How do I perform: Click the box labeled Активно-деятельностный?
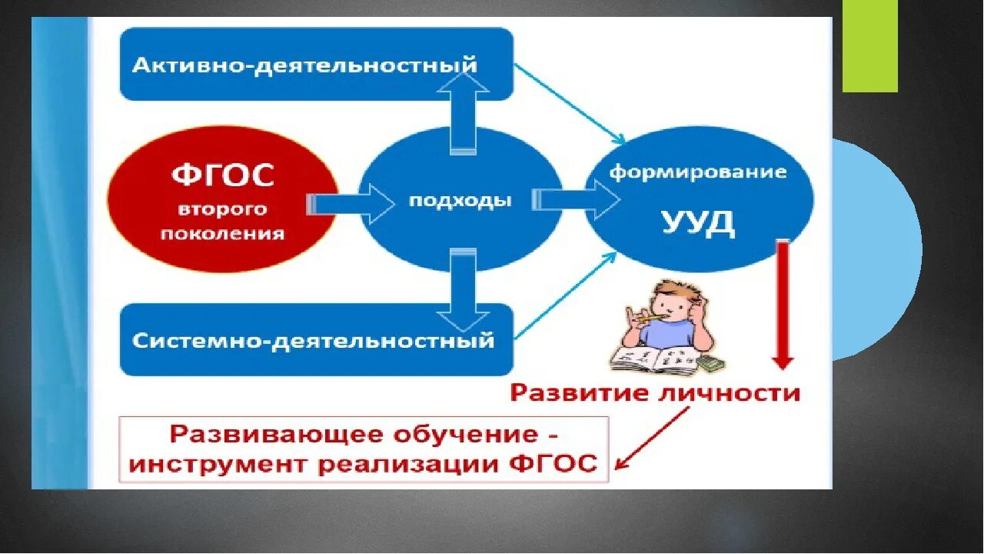[316, 65]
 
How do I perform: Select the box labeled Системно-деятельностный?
[316, 339]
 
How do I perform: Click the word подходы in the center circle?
[460, 202]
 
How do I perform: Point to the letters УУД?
[698, 223]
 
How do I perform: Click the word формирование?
[698, 172]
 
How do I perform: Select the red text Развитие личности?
[656, 393]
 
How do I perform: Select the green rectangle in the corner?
[869, 46]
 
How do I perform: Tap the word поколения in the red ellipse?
[222, 233]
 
